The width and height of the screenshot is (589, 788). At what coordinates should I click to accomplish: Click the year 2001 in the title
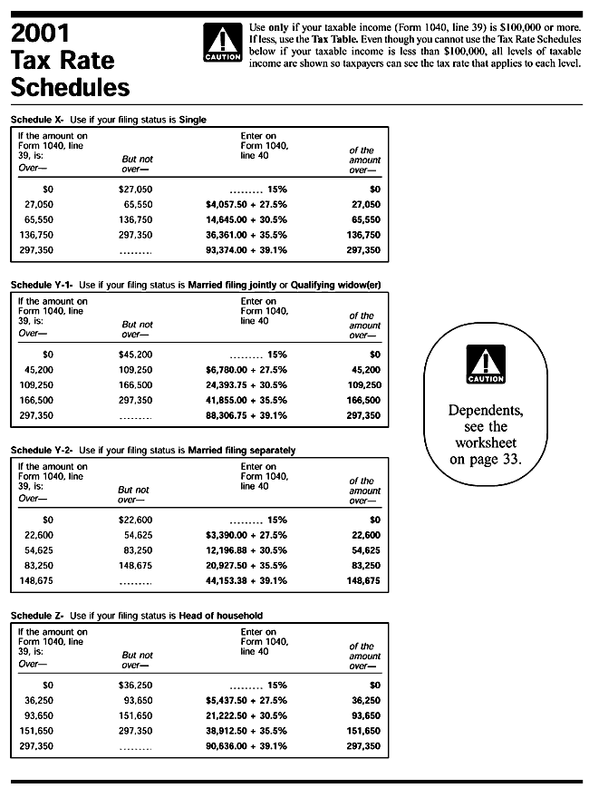[38, 34]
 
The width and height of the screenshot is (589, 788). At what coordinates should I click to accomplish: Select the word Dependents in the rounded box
[485, 410]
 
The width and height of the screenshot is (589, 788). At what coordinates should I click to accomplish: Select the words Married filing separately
[241, 450]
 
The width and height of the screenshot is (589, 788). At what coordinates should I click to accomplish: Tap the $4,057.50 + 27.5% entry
[246, 205]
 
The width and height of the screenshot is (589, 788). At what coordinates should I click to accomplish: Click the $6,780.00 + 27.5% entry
[246, 370]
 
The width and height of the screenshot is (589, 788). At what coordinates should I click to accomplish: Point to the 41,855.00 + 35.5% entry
[246, 400]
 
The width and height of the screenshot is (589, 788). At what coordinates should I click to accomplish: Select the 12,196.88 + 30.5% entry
[246, 550]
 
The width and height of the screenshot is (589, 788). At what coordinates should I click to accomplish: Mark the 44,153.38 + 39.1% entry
[246, 580]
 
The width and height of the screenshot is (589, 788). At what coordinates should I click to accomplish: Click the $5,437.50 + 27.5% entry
[246, 701]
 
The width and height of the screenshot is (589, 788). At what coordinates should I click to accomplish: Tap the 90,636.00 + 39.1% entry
[246, 745]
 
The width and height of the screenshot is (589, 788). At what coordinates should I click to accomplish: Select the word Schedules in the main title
[70, 87]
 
